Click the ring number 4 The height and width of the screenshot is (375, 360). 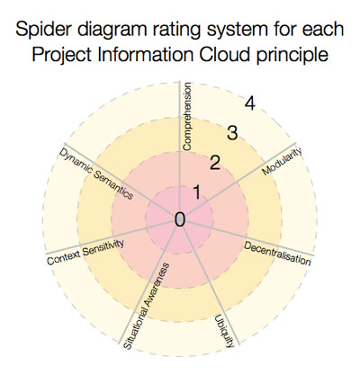(x=249, y=103)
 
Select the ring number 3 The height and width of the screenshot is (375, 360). (x=232, y=133)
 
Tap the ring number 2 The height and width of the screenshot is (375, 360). (x=215, y=163)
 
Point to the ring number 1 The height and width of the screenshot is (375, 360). (x=197, y=192)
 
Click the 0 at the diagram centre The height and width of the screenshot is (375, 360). (x=180, y=219)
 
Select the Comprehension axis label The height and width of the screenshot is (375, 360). (x=186, y=117)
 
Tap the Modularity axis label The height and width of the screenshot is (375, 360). (x=282, y=161)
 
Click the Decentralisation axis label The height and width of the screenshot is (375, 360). (x=277, y=254)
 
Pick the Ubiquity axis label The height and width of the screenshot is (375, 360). (x=224, y=331)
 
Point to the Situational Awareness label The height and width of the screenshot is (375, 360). (x=147, y=306)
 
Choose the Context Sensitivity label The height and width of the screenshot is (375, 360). (x=85, y=252)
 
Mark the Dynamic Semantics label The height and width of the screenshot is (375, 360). (x=95, y=174)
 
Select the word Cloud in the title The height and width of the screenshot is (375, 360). (x=224, y=55)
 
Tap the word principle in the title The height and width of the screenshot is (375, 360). (x=292, y=56)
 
